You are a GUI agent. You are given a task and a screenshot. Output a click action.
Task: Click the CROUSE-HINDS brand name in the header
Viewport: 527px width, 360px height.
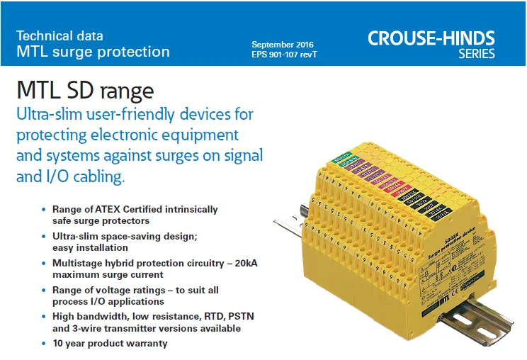[431, 38]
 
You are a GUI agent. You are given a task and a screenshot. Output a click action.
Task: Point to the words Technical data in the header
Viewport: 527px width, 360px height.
[59, 35]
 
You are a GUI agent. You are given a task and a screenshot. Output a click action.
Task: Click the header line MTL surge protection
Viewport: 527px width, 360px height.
[93, 52]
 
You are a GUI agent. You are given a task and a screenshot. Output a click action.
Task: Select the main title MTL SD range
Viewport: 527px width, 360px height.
[84, 91]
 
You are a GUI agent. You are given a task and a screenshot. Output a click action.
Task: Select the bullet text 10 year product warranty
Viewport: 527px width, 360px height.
[110, 344]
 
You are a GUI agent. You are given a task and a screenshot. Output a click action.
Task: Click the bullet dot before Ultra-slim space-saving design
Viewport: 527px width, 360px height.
[44, 237]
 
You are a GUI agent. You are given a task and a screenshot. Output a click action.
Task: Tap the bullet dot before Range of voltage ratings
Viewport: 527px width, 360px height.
[44, 291]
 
